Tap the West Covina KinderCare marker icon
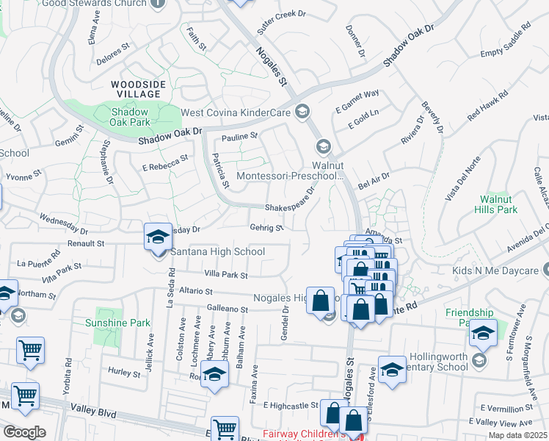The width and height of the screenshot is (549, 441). (301, 112)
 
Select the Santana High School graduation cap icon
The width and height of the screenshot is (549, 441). (158, 237)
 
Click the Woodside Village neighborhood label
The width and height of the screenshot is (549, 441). (136, 89)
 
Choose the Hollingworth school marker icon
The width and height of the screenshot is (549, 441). (479, 360)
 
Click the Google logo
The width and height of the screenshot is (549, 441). (24, 432)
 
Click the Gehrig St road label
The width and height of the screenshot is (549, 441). (266, 228)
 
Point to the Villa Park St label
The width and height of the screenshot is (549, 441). (225, 275)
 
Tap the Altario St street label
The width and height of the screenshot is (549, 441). (191, 292)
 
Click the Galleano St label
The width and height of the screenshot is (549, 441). (227, 309)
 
